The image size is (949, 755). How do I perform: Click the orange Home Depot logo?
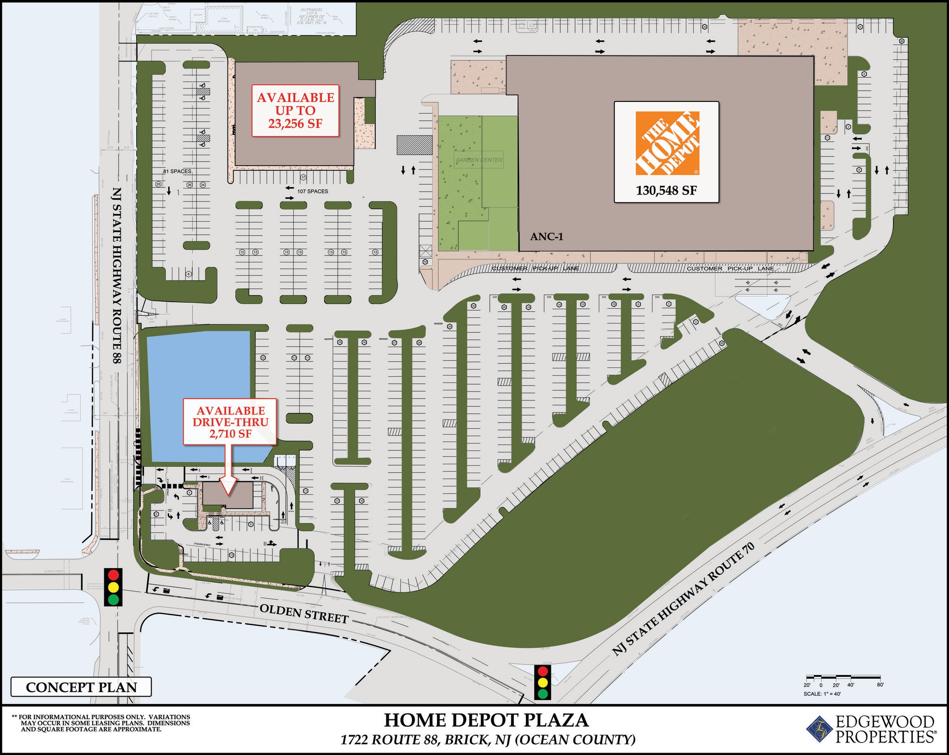(667, 143)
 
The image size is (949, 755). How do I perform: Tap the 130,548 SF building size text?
(666, 190)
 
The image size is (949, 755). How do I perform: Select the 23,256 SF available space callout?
(295, 111)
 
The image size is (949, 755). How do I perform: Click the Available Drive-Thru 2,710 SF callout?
(230, 422)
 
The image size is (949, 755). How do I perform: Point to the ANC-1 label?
(547, 237)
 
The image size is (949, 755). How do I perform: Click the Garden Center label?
(479, 160)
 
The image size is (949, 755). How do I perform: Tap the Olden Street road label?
(304, 613)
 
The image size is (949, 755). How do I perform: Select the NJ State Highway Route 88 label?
(117, 275)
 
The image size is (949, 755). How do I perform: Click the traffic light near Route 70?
(542, 682)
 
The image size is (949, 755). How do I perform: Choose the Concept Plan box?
(81, 687)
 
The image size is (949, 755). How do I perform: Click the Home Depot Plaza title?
(486, 720)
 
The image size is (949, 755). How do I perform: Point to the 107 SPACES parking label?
(312, 191)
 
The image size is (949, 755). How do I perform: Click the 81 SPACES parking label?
(177, 171)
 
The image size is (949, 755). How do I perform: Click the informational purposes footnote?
(101, 723)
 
